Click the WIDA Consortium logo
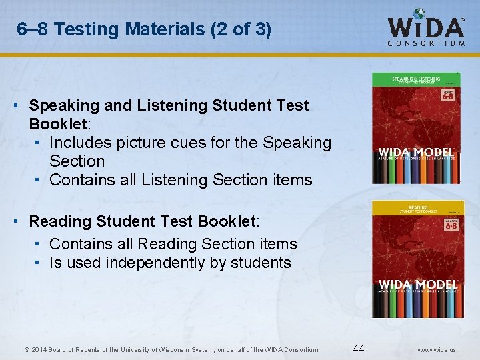[427, 28]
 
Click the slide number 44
[358, 349]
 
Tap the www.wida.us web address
[437, 350]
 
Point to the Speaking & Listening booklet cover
[416, 128]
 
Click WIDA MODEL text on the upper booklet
[416, 153]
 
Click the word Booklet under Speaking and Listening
[57, 124]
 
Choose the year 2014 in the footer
[38, 350]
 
